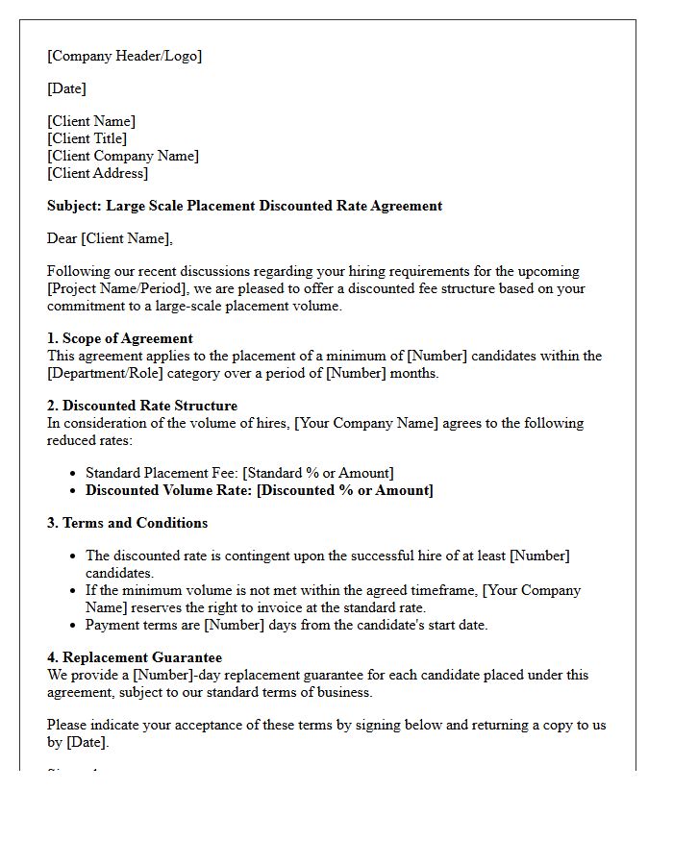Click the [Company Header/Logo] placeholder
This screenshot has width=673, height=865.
125,56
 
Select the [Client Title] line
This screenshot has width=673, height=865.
87,138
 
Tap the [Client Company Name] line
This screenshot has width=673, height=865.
123,156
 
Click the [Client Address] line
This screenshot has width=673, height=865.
98,173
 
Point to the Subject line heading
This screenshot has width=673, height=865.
244,206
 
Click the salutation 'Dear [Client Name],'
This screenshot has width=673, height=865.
110,238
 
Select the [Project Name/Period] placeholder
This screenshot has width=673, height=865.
114,288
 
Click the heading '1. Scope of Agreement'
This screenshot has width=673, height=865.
120,338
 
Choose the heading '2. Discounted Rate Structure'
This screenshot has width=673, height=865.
142,406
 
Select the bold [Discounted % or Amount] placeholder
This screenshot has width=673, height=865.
345,490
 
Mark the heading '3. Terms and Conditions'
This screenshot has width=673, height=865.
127,523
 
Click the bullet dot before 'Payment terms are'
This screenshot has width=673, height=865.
75,625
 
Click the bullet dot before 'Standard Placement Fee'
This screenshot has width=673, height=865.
75,473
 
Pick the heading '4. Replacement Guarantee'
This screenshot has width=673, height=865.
135,657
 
